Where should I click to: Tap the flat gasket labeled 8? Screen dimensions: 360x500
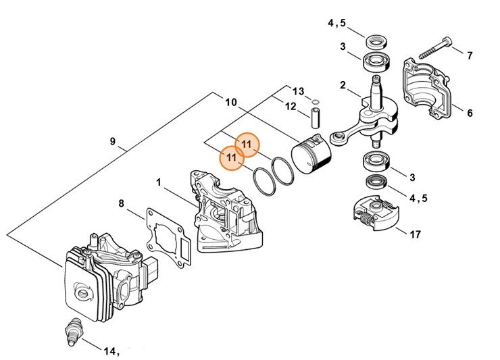[x=167, y=236]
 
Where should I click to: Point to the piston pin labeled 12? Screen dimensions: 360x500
[x=315, y=113]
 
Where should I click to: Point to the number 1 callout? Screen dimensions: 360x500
[x=158, y=182]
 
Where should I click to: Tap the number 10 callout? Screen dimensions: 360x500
[x=230, y=103]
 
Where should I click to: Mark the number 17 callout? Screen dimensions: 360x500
[x=415, y=234]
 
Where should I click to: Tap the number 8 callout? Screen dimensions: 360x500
[x=122, y=203]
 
